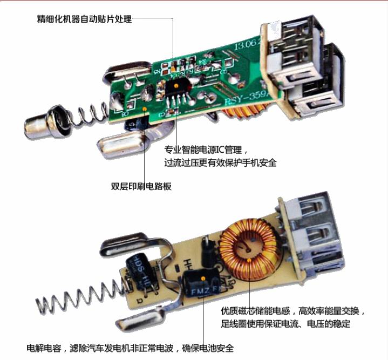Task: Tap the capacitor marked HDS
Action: point(139,268)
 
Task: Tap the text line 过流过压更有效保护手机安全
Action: point(220,162)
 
